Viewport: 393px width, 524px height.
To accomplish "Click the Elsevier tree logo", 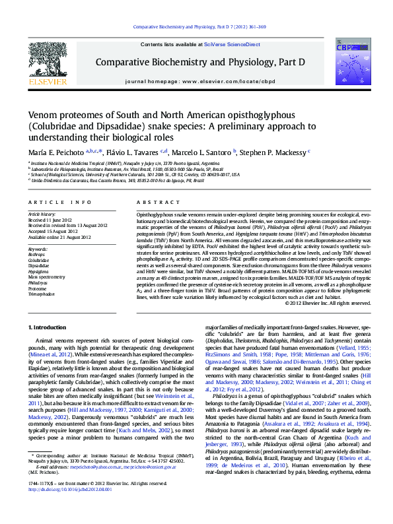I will [47, 62].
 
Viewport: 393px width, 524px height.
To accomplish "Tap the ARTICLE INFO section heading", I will [59, 202].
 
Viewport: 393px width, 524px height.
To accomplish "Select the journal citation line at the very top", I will [200, 27].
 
